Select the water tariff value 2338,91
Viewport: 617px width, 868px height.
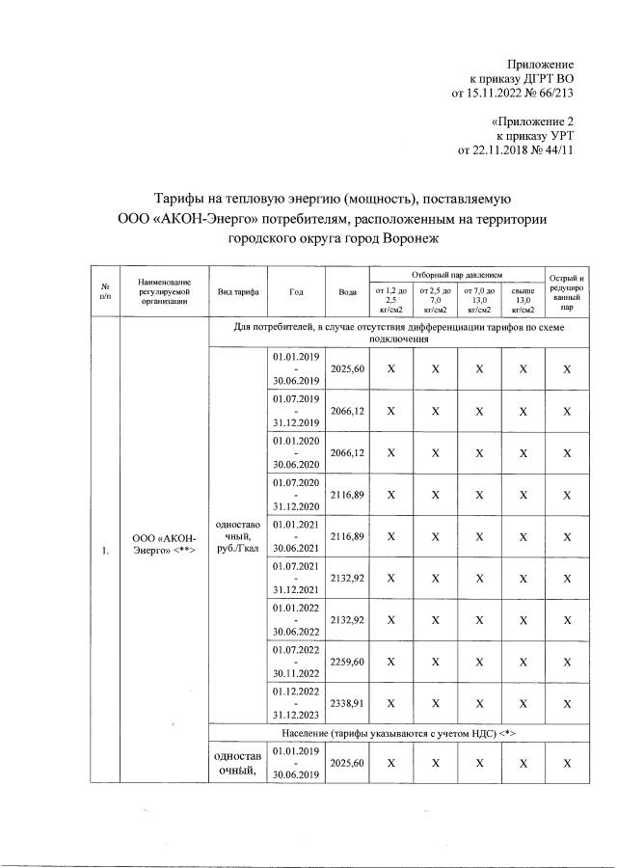(346, 706)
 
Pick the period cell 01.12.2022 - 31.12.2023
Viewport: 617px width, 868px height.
(296, 706)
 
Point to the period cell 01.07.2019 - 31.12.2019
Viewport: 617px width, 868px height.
(296, 410)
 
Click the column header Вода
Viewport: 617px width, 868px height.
(346, 291)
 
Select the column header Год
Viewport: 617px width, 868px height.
(296, 291)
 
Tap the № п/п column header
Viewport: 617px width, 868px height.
(104, 291)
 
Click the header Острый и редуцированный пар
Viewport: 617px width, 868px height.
(567, 291)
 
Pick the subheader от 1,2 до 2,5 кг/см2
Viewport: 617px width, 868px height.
(390, 300)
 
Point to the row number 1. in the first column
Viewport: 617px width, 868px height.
(103, 551)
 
